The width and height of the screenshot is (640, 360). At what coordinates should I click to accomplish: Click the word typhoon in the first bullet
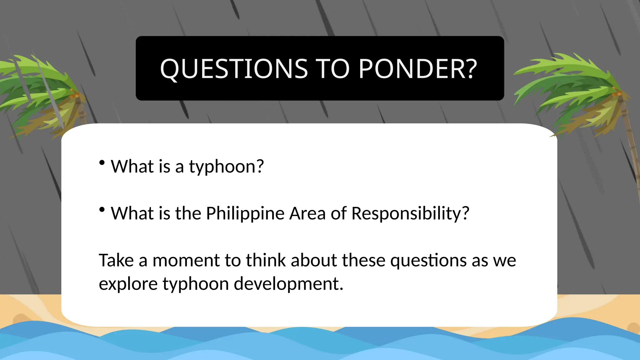point(222,167)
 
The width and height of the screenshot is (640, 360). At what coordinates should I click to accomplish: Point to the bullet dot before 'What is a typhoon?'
point(102,162)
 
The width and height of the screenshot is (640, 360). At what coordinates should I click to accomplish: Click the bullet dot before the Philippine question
point(102,210)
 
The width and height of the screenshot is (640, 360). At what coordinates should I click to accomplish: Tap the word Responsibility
point(406,214)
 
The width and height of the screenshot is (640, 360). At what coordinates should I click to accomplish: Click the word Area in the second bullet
point(307,213)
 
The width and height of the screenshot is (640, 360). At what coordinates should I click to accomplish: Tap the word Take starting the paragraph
point(116,260)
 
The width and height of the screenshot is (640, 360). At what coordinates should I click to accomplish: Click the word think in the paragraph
point(266,260)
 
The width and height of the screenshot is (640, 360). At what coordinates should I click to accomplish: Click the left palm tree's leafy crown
point(37,91)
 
